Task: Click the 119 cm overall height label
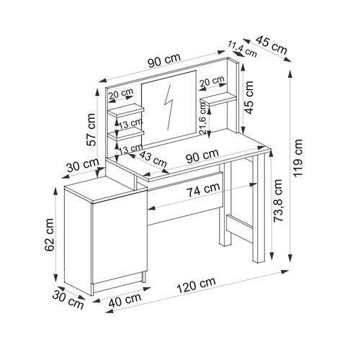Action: click(x=298, y=158)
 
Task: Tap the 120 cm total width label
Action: click(x=196, y=286)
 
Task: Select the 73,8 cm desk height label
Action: click(x=278, y=200)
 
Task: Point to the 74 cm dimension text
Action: click(x=203, y=189)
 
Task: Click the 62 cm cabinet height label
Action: click(x=49, y=235)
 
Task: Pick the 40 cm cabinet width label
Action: click(x=125, y=300)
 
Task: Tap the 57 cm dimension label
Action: click(x=91, y=130)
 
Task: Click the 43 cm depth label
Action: click(x=153, y=159)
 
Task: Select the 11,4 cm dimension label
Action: click(x=243, y=49)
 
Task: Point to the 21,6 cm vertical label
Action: click(x=203, y=117)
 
